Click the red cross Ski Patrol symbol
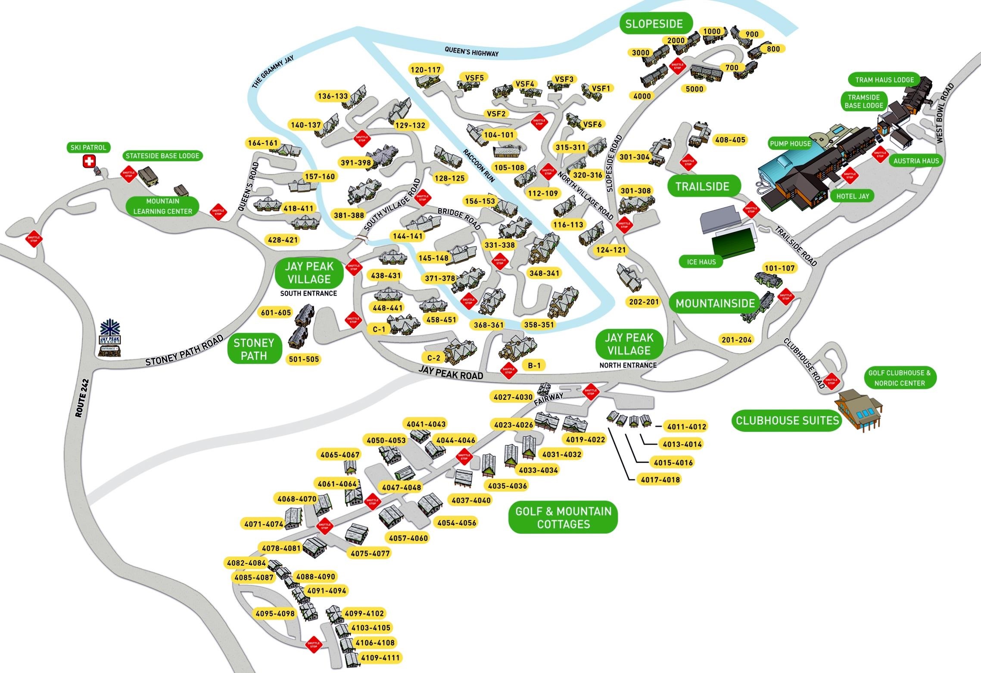pyautogui.click(x=89, y=162)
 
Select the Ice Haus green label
pyautogui.click(x=701, y=262)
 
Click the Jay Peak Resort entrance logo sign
pyautogui.click(x=110, y=338)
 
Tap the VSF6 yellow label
pyautogui.click(x=592, y=125)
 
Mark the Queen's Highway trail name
pyautogui.click(x=471, y=52)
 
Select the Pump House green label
pyautogui.click(x=791, y=143)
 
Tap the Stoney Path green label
pyautogui.click(x=254, y=349)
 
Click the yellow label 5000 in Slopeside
pyautogui.click(x=694, y=89)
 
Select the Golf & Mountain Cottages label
pyautogui.click(x=563, y=517)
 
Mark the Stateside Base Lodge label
pyautogui.click(x=162, y=156)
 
